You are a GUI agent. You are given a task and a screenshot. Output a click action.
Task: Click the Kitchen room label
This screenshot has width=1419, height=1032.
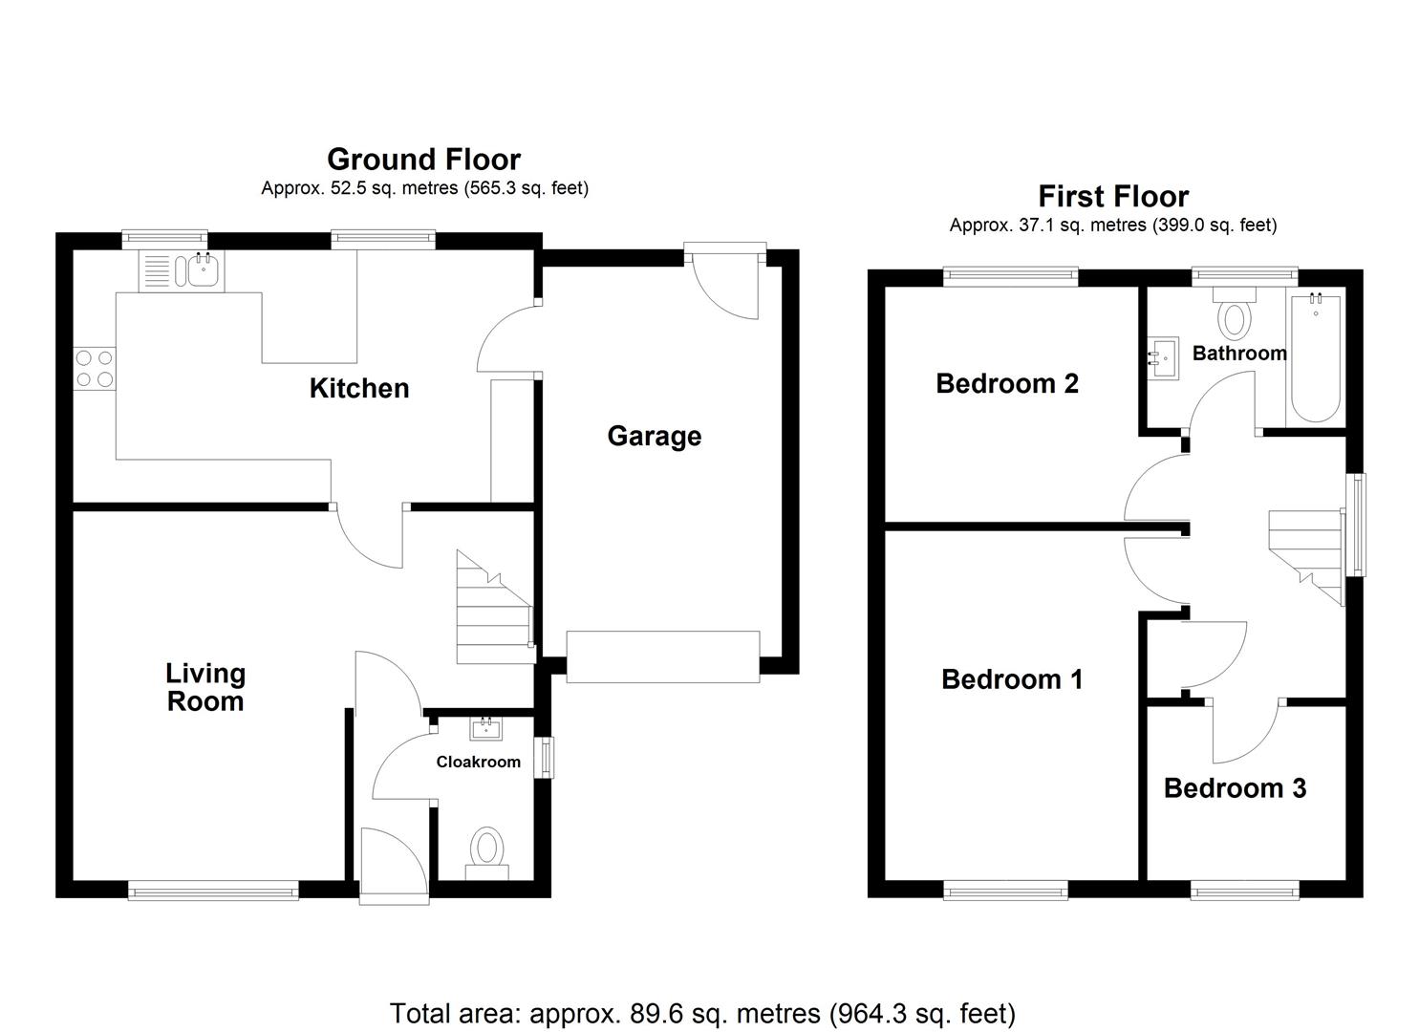[x=359, y=388]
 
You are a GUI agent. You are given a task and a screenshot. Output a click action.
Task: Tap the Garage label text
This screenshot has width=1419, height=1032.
[x=655, y=436]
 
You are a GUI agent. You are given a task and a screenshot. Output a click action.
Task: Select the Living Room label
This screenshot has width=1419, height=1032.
[x=205, y=687]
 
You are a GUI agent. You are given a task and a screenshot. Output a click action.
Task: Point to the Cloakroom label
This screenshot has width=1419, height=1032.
[x=478, y=762]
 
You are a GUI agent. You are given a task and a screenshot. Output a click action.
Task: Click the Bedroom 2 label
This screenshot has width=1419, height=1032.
[x=1007, y=383]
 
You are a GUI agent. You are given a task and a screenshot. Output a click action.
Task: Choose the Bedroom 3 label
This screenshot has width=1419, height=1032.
[x=1235, y=788]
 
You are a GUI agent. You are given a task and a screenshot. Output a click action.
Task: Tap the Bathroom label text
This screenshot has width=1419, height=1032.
[x=1239, y=353]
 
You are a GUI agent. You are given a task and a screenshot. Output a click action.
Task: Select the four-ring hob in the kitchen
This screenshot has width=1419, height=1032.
[x=94, y=369]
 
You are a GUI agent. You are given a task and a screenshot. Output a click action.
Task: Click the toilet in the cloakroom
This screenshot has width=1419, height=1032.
[x=487, y=850]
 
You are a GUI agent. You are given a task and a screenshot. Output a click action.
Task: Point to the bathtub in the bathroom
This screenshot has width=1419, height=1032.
[x=1315, y=358]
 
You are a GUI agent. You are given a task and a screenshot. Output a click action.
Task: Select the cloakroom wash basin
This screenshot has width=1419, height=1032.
[x=486, y=730]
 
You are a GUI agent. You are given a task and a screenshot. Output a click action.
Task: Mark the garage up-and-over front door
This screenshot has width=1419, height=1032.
[x=662, y=656]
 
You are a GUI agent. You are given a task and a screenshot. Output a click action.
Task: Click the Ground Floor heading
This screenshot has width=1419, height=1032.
[x=423, y=159]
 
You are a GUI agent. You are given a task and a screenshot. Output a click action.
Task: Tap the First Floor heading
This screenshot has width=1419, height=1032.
[x=1113, y=196]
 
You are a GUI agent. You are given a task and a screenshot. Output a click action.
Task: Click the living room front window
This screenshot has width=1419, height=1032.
[x=213, y=891]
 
